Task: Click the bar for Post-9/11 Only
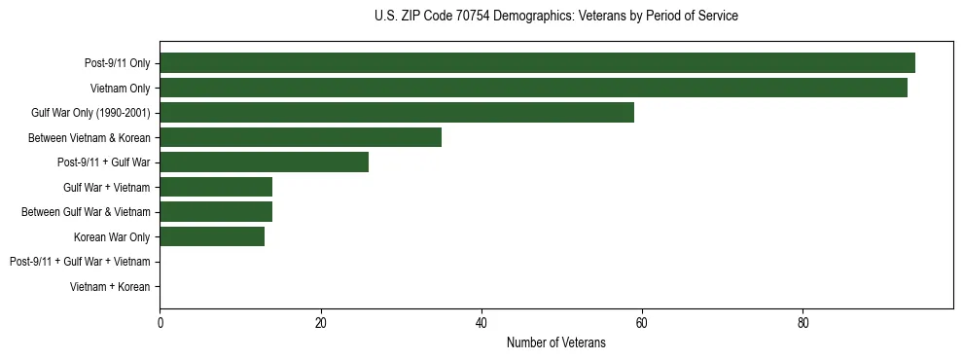pos(537,63)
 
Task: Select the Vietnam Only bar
pos(533,88)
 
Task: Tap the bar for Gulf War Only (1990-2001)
pos(397,113)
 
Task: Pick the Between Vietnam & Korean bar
pos(301,137)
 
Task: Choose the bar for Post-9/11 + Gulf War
pos(264,162)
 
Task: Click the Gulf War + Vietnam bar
pos(216,187)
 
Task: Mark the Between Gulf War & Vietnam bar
pos(216,212)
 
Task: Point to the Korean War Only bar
pos(212,236)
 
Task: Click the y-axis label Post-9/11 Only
pos(118,63)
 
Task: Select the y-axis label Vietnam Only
pos(121,88)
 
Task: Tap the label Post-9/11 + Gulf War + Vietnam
pos(80,262)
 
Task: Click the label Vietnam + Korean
pos(110,287)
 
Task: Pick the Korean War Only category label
pos(112,236)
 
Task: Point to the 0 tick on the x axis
pos(160,323)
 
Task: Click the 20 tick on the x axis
pos(320,323)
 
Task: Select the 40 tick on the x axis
pos(481,323)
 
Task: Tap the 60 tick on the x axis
pos(642,323)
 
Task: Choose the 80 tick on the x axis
pos(802,323)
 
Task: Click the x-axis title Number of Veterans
pos(555,342)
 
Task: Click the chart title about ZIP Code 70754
pos(555,17)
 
